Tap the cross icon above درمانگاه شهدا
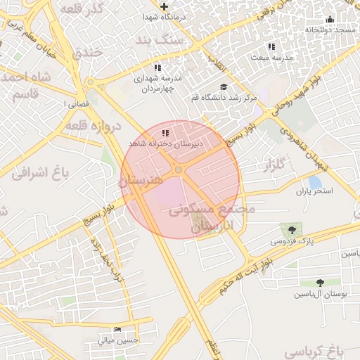tap(164, 6)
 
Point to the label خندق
tap(87, 52)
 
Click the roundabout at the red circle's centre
tap(179, 169)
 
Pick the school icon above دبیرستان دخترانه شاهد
tap(165, 133)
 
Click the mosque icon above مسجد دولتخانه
tap(330, 20)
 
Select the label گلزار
tap(276, 167)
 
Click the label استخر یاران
tap(314, 191)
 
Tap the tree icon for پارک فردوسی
tap(290, 229)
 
